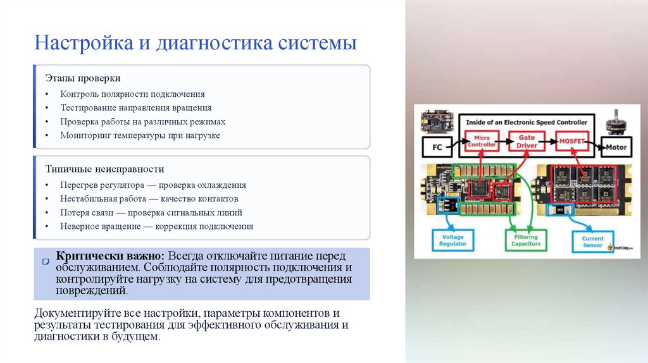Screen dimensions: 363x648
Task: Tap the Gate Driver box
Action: tap(526, 140)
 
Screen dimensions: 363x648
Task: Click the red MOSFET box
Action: tap(571, 140)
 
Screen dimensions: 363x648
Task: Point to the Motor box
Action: tap(616, 147)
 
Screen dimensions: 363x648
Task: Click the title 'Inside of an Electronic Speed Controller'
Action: tap(526, 121)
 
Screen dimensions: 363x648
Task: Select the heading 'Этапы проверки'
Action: tap(82, 78)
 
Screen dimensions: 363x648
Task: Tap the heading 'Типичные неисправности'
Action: tap(104, 169)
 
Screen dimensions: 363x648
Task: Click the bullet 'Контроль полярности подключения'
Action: tap(132, 94)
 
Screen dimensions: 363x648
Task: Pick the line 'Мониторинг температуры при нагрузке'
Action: tap(140, 135)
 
